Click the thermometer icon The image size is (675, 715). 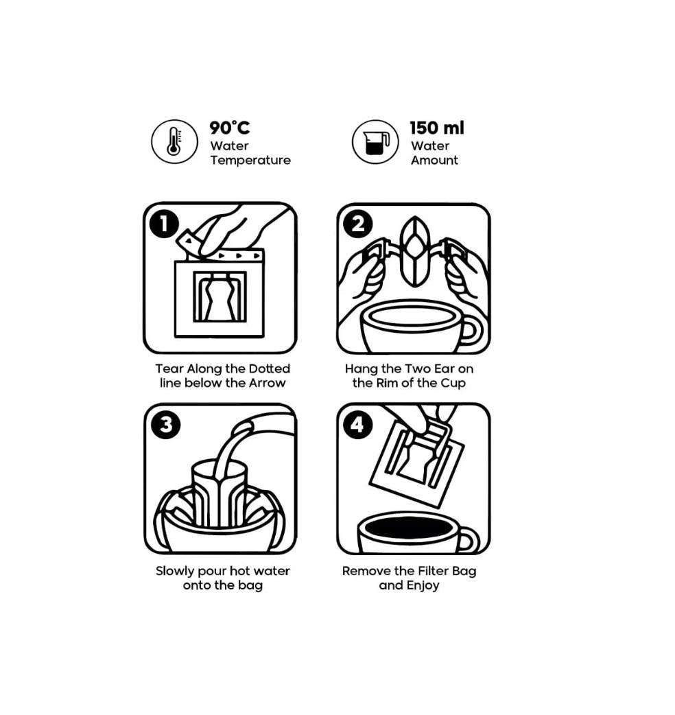[174, 141]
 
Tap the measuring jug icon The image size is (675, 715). [375, 142]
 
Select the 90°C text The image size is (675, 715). [230, 128]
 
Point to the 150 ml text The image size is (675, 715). [437, 128]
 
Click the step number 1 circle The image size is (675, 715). [164, 224]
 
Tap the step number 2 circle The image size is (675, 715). [357, 224]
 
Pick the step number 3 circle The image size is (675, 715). [165, 424]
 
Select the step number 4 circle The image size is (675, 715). [357, 424]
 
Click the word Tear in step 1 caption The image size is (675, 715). [169, 368]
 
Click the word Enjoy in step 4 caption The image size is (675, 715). [423, 585]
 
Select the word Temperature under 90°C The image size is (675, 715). [250, 160]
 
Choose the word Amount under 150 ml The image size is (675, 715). [434, 160]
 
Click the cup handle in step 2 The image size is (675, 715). [471, 331]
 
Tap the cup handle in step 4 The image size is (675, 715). [469, 539]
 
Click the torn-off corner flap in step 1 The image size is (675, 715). [187, 242]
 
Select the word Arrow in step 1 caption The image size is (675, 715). [268, 383]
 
